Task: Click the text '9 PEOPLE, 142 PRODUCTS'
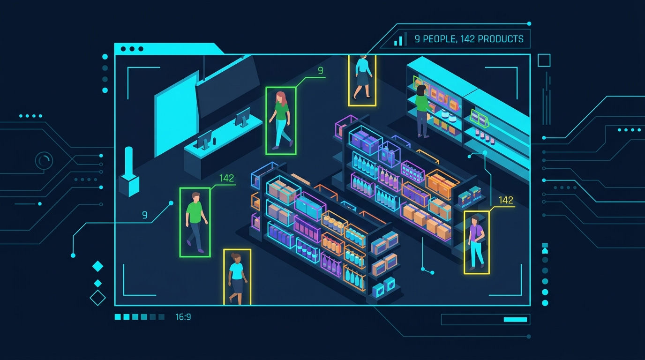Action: tap(469, 39)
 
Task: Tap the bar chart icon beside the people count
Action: tap(400, 39)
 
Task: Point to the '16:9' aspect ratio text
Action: tap(183, 317)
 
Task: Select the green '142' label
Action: tap(226, 178)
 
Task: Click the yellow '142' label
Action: tap(506, 200)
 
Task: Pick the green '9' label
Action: tap(321, 71)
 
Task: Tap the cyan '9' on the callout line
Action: tap(145, 215)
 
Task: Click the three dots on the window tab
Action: tap(132, 49)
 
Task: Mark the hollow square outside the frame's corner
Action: tap(544, 60)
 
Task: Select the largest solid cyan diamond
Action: tap(97, 266)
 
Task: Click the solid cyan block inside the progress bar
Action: tap(515, 319)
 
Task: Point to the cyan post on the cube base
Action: tap(129, 161)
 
